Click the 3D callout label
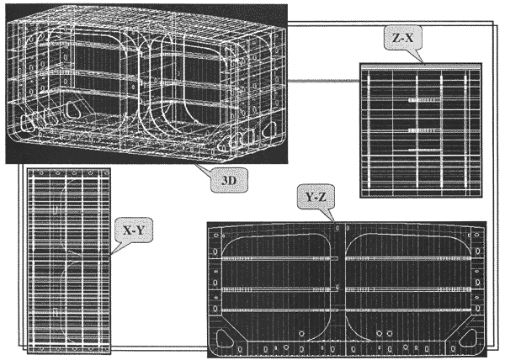click(229, 180)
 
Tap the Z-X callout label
click(402, 38)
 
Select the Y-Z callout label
click(316, 197)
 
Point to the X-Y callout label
click(134, 230)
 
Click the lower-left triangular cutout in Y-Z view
click(225, 338)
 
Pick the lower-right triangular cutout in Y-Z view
click(468, 338)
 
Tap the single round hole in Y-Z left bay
click(301, 334)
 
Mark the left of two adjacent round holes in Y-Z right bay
click(380, 333)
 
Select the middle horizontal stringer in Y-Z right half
click(408, 289)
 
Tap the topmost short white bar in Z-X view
click(424, 100)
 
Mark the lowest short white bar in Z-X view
click(424, 150)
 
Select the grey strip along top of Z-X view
click(421, 66)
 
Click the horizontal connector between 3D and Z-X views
click(324, 81)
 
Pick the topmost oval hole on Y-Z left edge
click(216, 236)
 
